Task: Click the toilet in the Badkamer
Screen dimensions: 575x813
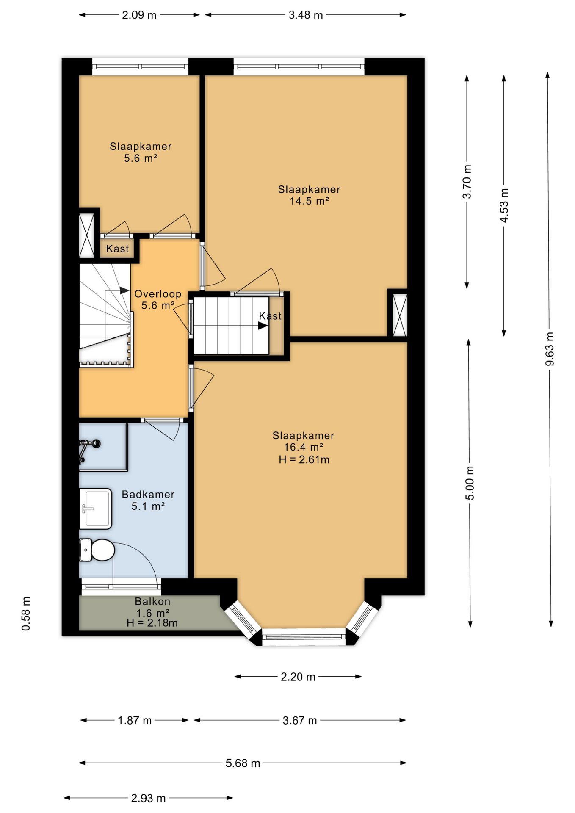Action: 97,550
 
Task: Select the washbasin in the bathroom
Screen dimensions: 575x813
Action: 96,509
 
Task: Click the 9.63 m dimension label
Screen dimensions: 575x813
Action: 550,349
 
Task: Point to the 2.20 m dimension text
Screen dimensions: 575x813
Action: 298,677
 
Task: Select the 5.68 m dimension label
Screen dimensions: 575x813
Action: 243,763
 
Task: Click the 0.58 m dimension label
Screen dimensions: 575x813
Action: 26,614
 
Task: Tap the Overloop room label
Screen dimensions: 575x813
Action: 158,294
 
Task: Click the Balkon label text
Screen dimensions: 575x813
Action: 152,601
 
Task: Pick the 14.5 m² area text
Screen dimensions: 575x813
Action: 309,201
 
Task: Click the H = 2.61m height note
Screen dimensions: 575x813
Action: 304,459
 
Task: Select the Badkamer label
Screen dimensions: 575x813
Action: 148,494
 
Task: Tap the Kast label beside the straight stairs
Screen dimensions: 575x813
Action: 270,316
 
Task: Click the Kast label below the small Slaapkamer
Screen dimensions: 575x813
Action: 117,249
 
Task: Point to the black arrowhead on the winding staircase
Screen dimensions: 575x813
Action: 124,290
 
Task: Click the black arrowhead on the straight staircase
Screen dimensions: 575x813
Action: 263,326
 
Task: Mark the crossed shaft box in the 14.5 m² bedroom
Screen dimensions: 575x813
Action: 400,315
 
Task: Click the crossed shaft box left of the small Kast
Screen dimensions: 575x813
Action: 87,235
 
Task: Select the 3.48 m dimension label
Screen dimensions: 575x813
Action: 306,15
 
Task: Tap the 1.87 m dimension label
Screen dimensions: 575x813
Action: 135,720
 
